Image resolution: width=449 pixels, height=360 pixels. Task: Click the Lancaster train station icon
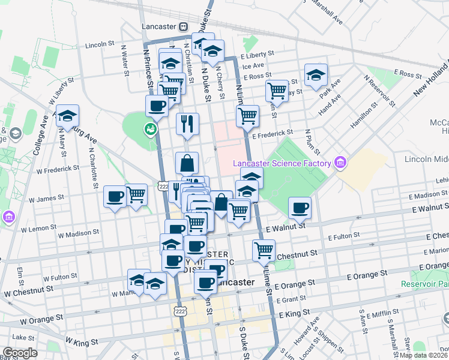(182, 27)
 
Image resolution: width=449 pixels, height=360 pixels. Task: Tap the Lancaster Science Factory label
(282, 163)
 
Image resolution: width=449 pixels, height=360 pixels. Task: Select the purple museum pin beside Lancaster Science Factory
(340, 162)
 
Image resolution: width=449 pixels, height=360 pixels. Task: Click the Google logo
(20, 353)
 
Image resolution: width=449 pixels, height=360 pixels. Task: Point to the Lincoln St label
(100, 44)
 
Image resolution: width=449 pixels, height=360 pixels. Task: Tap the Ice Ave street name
(253, 65)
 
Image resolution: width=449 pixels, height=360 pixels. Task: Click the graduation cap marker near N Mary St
(68, 115)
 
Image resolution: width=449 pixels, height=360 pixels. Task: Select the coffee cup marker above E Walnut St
(300, 208)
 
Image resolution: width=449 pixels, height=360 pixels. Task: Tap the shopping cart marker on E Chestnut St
(264, 250)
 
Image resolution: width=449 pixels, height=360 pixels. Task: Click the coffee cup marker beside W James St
(115, 196)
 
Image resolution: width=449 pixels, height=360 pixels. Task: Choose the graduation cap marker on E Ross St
(316, 75)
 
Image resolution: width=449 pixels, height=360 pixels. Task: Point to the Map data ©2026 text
(423, 355)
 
